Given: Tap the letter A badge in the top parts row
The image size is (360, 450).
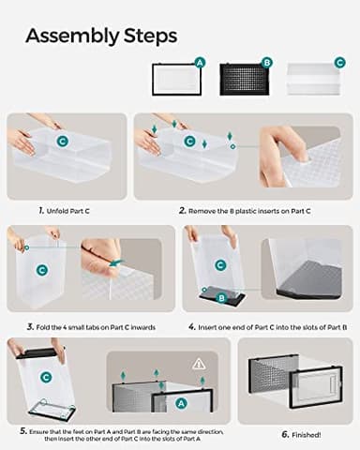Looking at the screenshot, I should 199,62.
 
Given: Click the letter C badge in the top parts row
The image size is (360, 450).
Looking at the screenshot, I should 339,62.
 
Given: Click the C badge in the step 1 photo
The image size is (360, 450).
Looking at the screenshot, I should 62,141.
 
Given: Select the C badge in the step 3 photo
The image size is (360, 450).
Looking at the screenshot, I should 42,269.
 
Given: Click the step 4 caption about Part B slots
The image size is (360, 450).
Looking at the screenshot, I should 268,326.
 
